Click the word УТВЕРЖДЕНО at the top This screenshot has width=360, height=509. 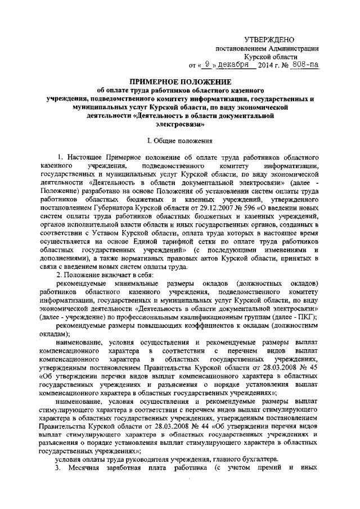click(x=269, y=38)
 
